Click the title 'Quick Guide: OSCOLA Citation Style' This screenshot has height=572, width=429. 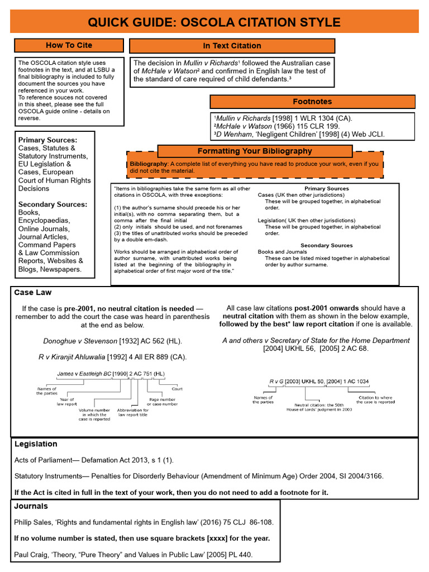point(214,22)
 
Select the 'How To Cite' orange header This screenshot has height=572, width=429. point(69,45)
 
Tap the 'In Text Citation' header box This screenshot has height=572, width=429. point(232,46)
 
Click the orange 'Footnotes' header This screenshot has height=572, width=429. point(312,102)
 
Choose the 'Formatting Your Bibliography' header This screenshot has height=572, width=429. point(255,151)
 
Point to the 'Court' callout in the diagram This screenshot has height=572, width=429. point(177,389)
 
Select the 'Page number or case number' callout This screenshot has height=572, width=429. point(162,402)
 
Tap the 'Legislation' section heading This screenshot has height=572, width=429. point(36,444)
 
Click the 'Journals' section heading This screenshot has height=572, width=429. point(31,506)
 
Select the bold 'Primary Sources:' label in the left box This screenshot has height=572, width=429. point(47,140)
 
